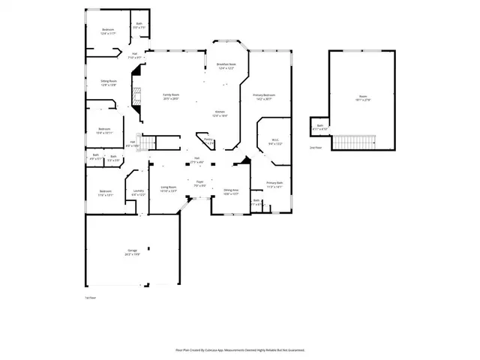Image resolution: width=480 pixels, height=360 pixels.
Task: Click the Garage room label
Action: tap(132, 252)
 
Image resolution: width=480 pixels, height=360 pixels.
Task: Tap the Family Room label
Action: tap(171, 95)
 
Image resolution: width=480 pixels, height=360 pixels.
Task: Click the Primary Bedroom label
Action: tap(264, 95)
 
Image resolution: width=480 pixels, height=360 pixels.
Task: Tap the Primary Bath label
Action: tap(274, 183)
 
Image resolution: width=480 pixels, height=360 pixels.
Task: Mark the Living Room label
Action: tap(168, 187)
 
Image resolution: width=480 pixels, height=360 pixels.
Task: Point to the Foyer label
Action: tap(200, 182)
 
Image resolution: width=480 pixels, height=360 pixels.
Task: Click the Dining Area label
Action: tap(230, 190)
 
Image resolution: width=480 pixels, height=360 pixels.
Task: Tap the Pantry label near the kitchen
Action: tap(208, 139)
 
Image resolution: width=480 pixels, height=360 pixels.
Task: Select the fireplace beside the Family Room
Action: tap(136, 96)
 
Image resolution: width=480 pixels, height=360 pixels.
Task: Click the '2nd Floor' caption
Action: tap(316, 148)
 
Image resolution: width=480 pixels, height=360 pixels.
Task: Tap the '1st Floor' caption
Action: tap(90, 298)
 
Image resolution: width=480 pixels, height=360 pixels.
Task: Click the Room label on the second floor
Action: tap(363, 97)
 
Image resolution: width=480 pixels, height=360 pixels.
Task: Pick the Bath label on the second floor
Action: tap(320, 126)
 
